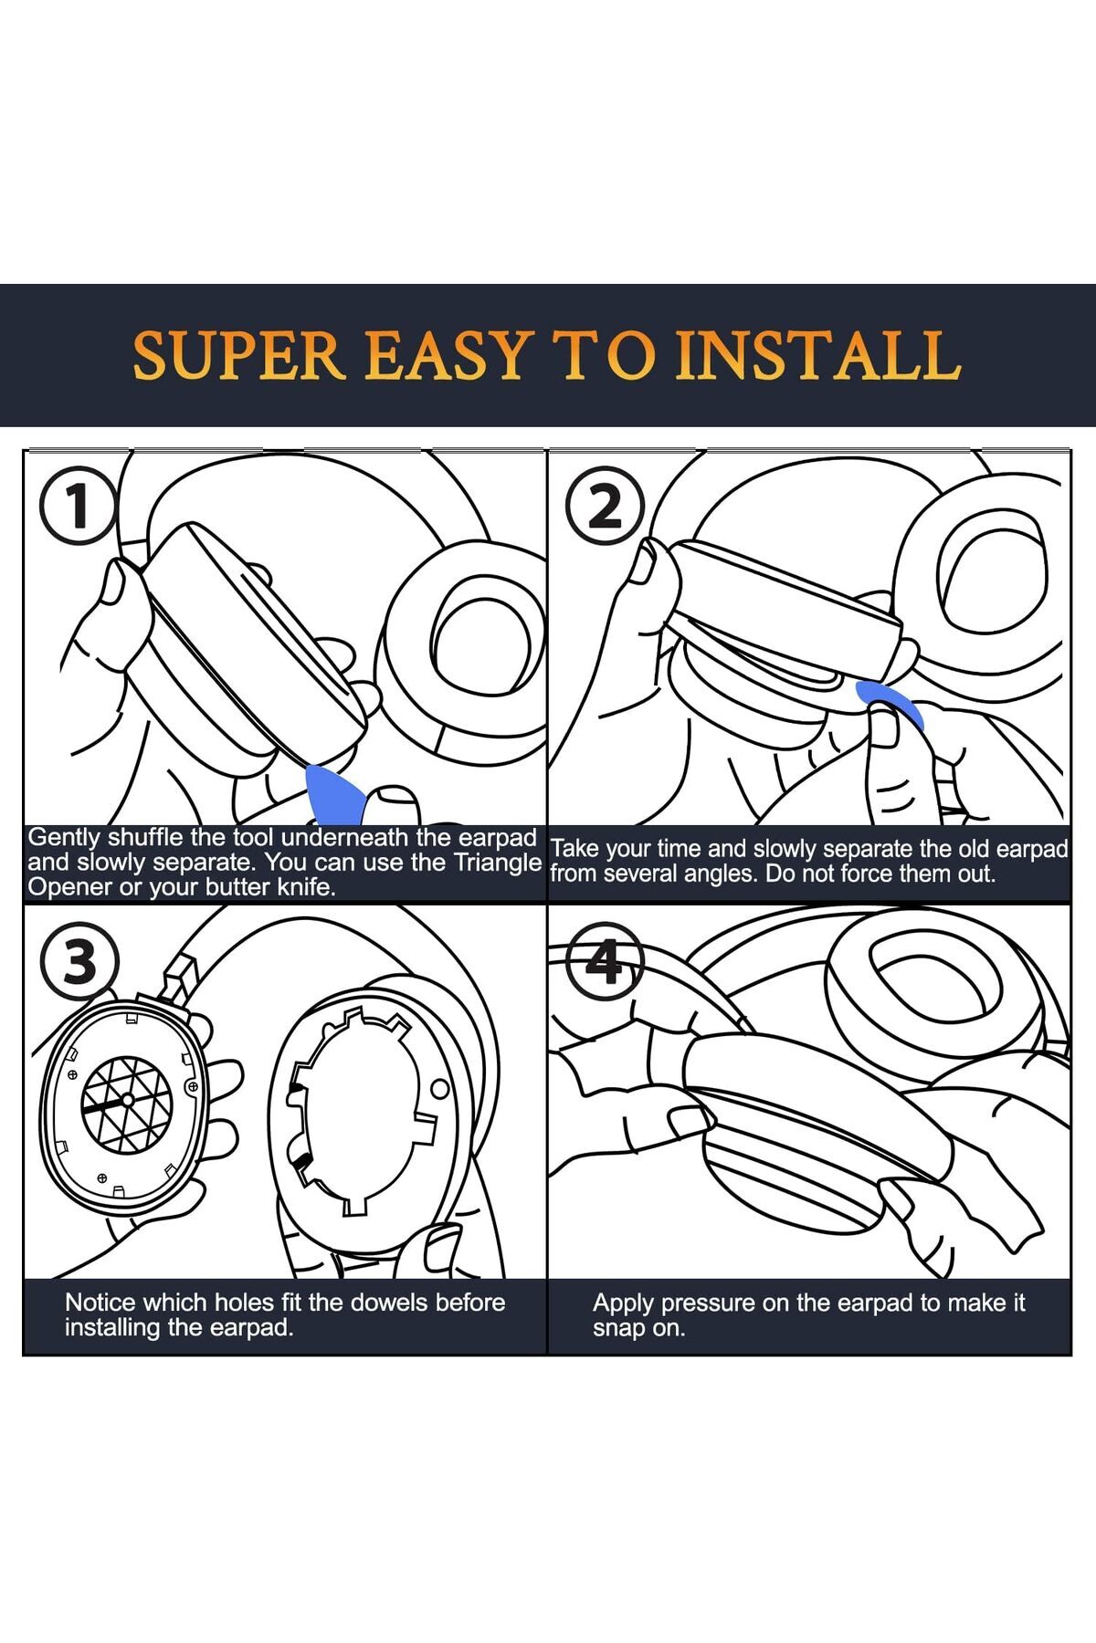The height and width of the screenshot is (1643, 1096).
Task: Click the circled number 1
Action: [78, 507]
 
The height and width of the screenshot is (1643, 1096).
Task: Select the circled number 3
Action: [79, 960]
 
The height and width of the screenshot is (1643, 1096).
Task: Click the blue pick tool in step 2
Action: [888, 700]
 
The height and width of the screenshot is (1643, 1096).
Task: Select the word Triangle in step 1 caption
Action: [498, 863]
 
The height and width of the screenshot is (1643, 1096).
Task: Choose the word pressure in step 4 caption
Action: [708, 1303]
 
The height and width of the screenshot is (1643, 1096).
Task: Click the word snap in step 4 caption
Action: [618, 1328]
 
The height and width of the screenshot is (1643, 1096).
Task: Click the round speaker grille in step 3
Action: [128, 1104]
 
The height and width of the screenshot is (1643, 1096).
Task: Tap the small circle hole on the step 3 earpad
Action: [439, 1088]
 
